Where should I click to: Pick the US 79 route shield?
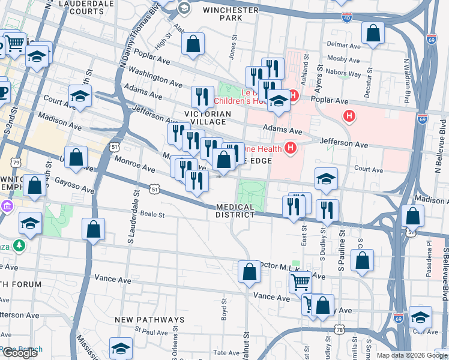[16, 163]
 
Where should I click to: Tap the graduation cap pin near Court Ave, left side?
[80, 96]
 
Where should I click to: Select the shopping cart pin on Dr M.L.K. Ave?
[300, 281]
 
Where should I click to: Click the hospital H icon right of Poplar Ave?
[347, 115]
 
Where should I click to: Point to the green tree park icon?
[20, 245]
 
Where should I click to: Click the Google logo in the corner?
[19, 353]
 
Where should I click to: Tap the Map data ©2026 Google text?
[411, 355]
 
